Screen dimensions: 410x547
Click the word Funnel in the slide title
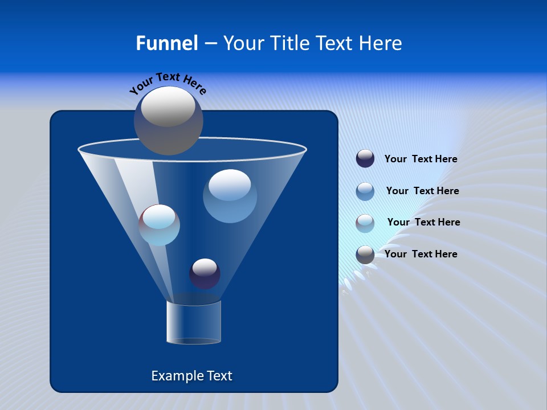click(166, 43)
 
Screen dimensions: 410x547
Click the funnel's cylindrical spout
click(194, 322)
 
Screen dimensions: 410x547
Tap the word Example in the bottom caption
click(173, 376)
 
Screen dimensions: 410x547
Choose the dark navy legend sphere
click(365, 159)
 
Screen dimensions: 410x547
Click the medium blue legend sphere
click(365, 191)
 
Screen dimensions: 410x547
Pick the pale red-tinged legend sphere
click(365, 223)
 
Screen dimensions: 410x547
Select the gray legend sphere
click(365, 255)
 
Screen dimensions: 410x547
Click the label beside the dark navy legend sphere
click(421, 159)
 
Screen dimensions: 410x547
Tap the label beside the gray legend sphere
click(421, 254)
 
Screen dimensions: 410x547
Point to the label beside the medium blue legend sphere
click(422, 191)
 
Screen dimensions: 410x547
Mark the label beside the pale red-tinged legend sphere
click(423, 222)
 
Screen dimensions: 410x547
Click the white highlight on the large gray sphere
click(168, 106)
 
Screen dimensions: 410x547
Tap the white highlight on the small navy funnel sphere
click(205, 266)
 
